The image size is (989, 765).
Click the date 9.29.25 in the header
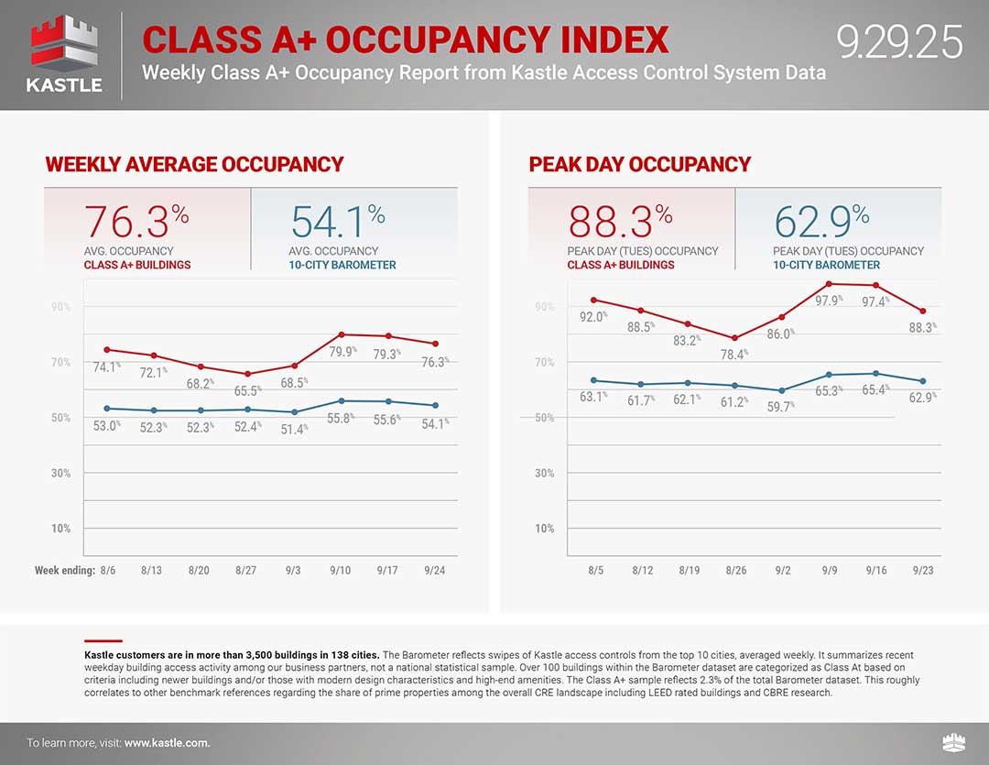click(899, 43)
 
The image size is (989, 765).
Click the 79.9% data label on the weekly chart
click(343, 351)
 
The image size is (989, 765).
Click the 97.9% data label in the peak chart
click(830, 300)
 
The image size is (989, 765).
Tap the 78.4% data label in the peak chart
click(734, 354)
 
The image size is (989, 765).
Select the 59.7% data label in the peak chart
click(781, 406)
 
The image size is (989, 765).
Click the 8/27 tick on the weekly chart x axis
click(245, 570)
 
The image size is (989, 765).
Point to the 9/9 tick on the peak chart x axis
click(829, 570)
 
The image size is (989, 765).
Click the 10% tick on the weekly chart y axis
click(60, 529)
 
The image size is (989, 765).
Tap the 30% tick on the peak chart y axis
click(544, 474)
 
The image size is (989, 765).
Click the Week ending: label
click(65, 570)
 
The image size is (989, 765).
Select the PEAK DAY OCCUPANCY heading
click(639, 165)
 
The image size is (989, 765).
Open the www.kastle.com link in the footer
click(167, 743)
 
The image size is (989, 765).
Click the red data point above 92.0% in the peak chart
click(593, 300)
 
